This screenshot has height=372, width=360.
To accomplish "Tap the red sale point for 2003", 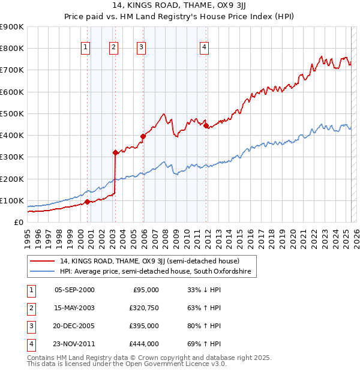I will (115, 152).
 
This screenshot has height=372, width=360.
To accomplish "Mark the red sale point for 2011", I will (206, 126).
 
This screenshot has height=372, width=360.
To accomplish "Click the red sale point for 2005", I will (143, 136).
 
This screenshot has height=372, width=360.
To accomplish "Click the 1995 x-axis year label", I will (28, 237).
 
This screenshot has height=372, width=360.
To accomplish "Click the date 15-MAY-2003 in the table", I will (74, 308).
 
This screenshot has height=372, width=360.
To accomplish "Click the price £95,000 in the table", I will (145, 290).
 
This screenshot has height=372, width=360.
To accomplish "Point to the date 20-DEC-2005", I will (74, 326).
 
